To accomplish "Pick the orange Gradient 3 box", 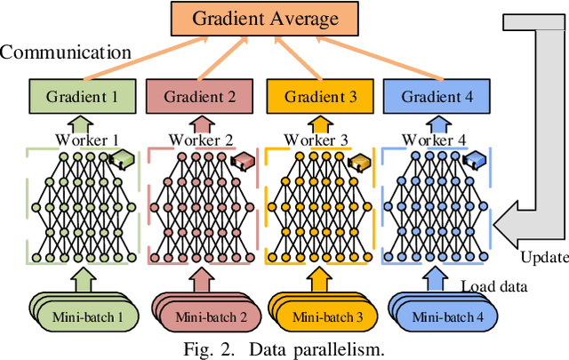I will click(x=319, y=96).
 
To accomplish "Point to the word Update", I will click(x=541, y=257).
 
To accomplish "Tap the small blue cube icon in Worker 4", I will click(x=476, y=161).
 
